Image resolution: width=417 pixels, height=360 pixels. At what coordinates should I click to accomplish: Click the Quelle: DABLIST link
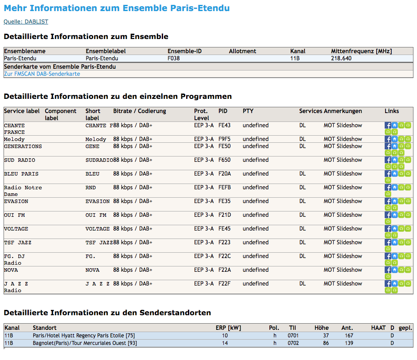[x=26, y=22]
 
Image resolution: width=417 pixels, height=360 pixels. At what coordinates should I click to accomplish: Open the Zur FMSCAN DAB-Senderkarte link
[x=42, y=74]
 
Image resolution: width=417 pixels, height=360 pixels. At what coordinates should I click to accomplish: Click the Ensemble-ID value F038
[x=174, y=58]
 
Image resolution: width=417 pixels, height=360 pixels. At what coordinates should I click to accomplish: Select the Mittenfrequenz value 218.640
[x=341, y=58]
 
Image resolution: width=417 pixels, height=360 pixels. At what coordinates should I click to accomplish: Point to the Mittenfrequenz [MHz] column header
[x=362, y=51]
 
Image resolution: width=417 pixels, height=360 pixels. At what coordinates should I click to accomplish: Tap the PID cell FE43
[x=225, y=125]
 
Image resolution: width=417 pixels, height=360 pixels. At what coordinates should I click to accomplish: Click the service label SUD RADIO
[x=19, y=160]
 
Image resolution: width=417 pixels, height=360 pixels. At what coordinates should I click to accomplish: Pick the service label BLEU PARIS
[x=21, y=174]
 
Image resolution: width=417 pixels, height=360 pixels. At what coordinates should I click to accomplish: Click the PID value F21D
[x=225, y=215]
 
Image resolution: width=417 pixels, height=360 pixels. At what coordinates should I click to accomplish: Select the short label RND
[x=91, y=188]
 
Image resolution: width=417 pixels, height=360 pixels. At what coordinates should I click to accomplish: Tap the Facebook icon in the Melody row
[x=388, y=139]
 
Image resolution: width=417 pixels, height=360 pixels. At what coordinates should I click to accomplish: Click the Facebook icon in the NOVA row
[x=388, y=270]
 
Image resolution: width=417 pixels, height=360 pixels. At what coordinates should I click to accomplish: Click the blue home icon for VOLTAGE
[x=394, y=229]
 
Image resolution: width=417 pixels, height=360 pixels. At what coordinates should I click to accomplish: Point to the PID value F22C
[x=225, y=256]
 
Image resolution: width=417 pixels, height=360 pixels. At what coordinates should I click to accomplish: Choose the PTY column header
[x=248, y=111]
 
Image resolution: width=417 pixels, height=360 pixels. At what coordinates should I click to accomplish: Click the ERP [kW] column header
[x=228, y=328]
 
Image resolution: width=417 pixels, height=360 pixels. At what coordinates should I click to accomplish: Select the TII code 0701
[x=293, y=336]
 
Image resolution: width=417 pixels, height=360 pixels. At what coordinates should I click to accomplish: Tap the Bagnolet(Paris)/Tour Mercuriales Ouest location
[x=85, y=343]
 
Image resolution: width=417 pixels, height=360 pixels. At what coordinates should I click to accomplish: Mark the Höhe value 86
[x=326, y=343]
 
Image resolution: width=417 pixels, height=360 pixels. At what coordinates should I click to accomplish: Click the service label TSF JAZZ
[x=18, y=243]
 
